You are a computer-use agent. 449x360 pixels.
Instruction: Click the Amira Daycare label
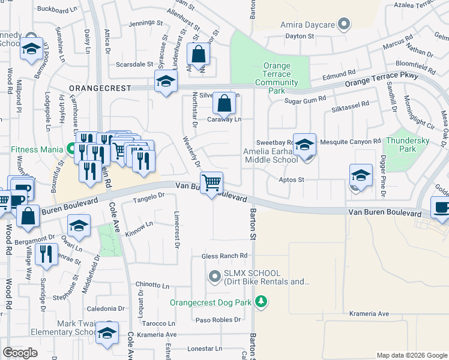[x=308, y=25]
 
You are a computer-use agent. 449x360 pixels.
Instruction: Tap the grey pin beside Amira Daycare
[x=344, y=25]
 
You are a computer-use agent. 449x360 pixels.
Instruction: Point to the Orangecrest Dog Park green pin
[x=261, y=302]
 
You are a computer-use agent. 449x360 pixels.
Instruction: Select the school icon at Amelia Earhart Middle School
[x=305, y=145]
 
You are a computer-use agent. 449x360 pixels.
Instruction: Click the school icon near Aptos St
[x=360, y=175]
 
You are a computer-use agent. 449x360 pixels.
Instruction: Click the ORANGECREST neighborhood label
[x=100, y=88]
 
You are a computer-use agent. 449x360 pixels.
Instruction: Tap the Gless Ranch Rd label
[x=224, y=256]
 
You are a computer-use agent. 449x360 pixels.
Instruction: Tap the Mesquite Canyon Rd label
[x=351, y=142]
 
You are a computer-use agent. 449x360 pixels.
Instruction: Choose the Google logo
[x=20, y=353]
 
